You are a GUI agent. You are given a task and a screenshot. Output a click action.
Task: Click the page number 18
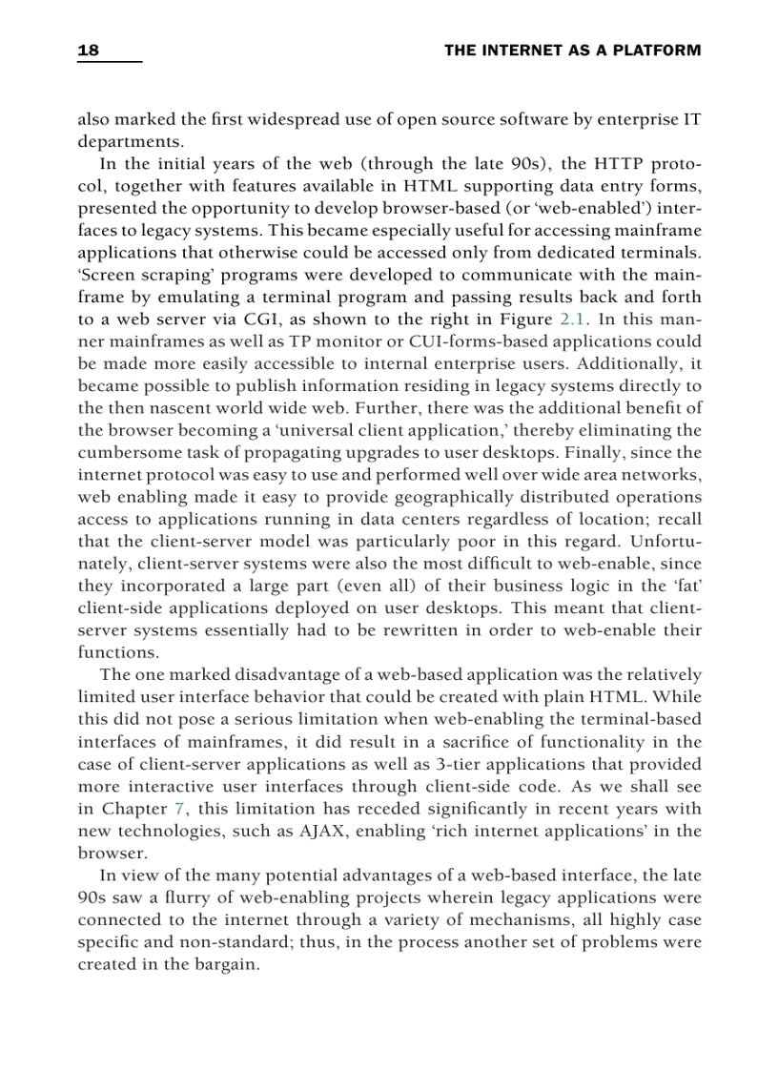[88, 51]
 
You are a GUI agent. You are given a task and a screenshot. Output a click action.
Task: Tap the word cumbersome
[127, 452]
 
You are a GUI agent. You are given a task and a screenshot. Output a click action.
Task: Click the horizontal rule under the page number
[109, 62]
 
